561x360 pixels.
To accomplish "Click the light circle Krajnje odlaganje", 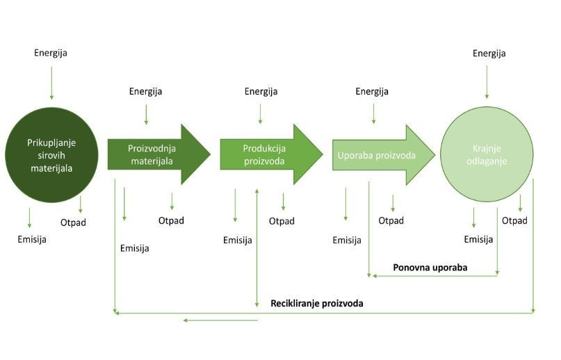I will (487, 155).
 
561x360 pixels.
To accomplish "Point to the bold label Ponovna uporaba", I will (430, 267).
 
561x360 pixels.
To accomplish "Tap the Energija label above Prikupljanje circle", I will (51, 53).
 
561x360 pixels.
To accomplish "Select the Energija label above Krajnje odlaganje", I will (489, 54).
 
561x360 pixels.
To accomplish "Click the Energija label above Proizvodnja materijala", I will (146, 91).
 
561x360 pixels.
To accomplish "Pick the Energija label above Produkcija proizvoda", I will (261, 91).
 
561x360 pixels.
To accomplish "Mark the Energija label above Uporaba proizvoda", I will (372, 91).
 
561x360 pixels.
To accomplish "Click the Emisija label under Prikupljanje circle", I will (32, 240).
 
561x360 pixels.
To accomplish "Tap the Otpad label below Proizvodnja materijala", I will (171, 221).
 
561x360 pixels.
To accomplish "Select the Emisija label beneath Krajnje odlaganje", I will (478, 240).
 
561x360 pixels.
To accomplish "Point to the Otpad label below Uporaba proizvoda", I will (391, 221).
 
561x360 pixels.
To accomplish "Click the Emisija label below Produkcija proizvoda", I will (237, 240).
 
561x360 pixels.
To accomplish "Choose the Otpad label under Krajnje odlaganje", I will (514, 221).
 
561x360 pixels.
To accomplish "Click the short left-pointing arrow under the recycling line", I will (220, 320).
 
